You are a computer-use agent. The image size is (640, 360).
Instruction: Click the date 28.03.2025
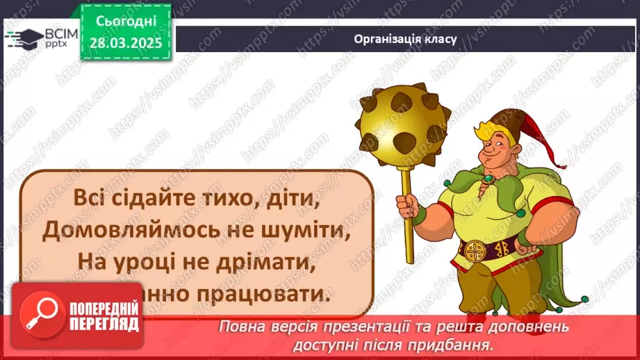125,42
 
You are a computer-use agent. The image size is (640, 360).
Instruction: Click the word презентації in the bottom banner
353,326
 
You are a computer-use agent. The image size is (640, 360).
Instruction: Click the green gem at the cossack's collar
489,179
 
